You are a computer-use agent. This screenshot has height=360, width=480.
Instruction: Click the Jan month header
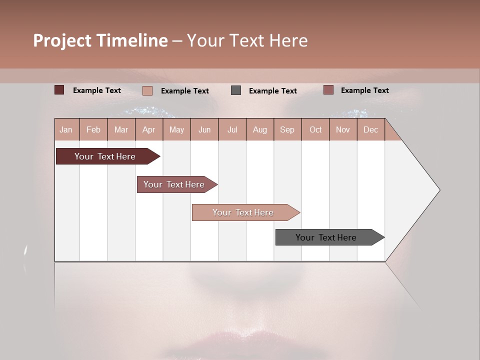66,129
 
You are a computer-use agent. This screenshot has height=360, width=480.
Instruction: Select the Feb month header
93,129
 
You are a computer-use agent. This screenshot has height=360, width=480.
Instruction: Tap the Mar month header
121,129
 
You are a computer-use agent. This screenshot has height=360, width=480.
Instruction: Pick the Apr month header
149,129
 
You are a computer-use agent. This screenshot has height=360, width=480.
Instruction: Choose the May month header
176,129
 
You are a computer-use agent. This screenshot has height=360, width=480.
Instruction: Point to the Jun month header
204,129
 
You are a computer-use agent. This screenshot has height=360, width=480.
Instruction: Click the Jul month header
232,129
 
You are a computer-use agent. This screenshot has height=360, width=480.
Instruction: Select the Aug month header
260,129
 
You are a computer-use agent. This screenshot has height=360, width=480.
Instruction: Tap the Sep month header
287,129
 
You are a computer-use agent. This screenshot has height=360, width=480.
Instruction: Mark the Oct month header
315,129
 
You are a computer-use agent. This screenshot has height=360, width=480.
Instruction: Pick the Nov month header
343,129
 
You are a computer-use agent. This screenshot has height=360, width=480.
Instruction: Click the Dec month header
371,129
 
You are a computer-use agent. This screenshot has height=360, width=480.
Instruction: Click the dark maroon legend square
59,90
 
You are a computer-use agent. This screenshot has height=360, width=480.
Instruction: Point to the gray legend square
236,90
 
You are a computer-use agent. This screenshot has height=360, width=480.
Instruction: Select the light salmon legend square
147,90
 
